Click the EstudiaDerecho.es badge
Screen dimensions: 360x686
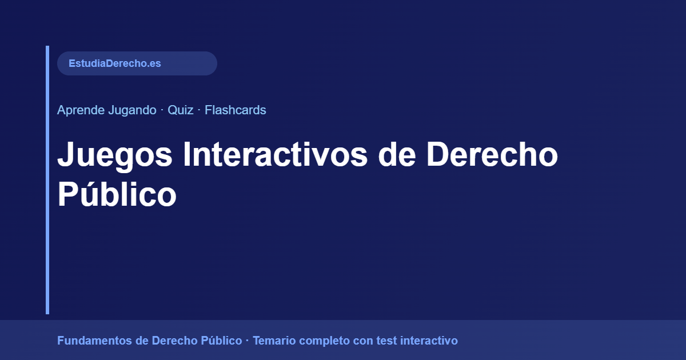click(x=137, y=63)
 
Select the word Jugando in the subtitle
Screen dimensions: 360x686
click(x=132, y=110)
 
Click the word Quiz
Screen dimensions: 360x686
click(x=180, y=110)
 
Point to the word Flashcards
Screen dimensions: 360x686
click(x=236, y=110)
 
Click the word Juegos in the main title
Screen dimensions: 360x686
click(x=114, y=155)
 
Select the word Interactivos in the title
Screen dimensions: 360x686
click(x=275, y=155)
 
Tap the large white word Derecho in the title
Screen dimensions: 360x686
click(x=492, y=155)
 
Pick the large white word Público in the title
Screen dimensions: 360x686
click(x=117, y=195)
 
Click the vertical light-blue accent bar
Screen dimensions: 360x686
click(x=47, y=180)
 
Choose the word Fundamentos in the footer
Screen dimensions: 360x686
click(x=95, y=341)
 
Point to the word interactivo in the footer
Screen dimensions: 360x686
click(x=429, y=341)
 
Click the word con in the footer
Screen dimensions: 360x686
click(x=364, y=341)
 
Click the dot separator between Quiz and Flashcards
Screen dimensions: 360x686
click(x=199, y=110)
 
